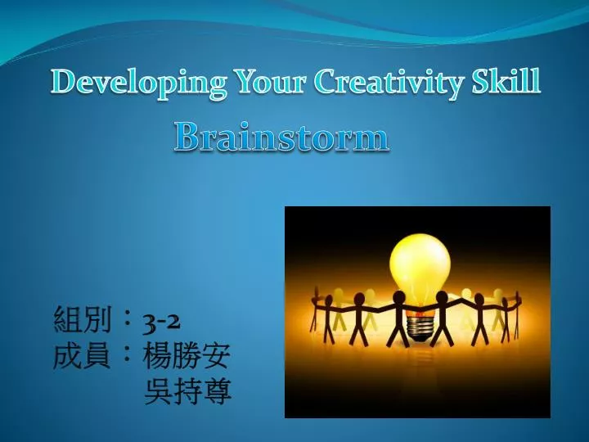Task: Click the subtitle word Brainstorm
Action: pyautogui.click(x=281, y=138)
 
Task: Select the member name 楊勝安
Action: pyautogui.click(x=187, y=356)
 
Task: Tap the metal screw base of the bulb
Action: pyautogui.click(x=420, y=327)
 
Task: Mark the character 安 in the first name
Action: pyautogui.click(x=216, y=356)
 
